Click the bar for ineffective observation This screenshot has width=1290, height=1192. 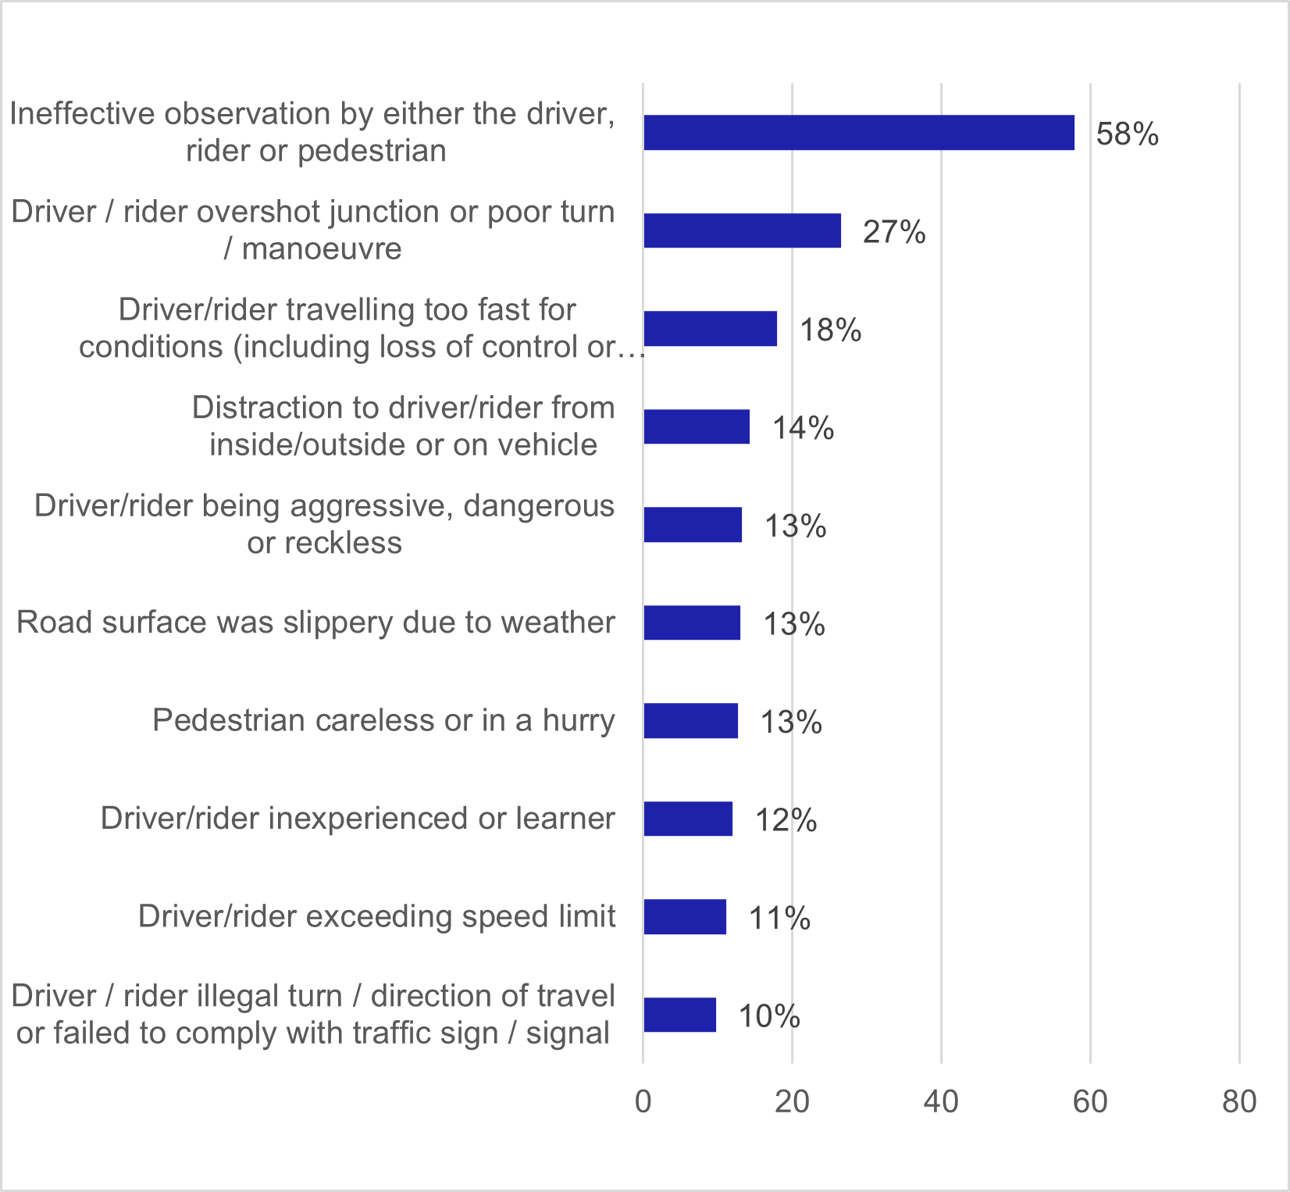[x=858, y=133]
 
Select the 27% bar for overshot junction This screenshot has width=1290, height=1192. [x=742, y=230]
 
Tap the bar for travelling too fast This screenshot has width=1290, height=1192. [x=710, y=329]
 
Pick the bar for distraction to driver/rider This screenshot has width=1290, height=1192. [x=697, y=426]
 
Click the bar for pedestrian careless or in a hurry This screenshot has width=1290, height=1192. [x=690, y=721]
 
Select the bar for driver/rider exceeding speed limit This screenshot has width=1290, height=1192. [x=685, y=917]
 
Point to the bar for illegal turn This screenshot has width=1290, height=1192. [x=679, y=1015]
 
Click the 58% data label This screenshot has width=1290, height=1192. [x=1127, y=134]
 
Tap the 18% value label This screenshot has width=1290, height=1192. [x=830, y=330]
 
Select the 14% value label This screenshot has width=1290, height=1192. [x=803, y=428]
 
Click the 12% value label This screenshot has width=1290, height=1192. [x=786, y=820]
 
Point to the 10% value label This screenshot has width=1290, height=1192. [x=769, y=1016]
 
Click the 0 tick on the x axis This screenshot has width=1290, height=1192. [x=643, y=1101]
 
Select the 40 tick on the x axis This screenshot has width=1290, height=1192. [x=941, y=1101]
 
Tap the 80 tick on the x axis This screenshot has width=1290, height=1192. [x=1239, y=1101]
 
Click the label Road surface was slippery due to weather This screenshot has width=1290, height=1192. [x=315, y=623]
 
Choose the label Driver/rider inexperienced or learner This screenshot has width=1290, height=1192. [x=358, y=819]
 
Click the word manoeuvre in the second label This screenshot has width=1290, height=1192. [x=322, y=248]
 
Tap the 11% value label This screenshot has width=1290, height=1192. [x=779, y=918]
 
